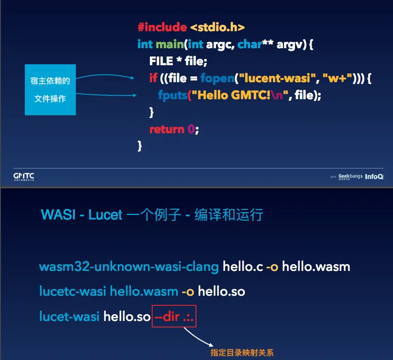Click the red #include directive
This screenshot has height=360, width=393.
(162, 27)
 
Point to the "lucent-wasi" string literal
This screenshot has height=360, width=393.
(276, 78)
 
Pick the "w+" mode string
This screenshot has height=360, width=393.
(337, 78)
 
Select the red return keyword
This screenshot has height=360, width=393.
(166, 129)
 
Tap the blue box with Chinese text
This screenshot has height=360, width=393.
(50, 90)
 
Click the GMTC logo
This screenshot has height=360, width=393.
(23, 176)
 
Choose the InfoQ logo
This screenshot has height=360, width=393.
(374, 176)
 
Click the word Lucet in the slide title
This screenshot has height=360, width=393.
(105, 215)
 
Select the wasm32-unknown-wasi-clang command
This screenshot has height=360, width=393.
(129, 267)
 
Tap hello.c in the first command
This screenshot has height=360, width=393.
(243, 267)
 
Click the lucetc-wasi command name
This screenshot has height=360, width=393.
(72, 291)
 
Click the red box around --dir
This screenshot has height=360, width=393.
(174, 316)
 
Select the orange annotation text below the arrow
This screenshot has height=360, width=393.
(242, 353)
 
